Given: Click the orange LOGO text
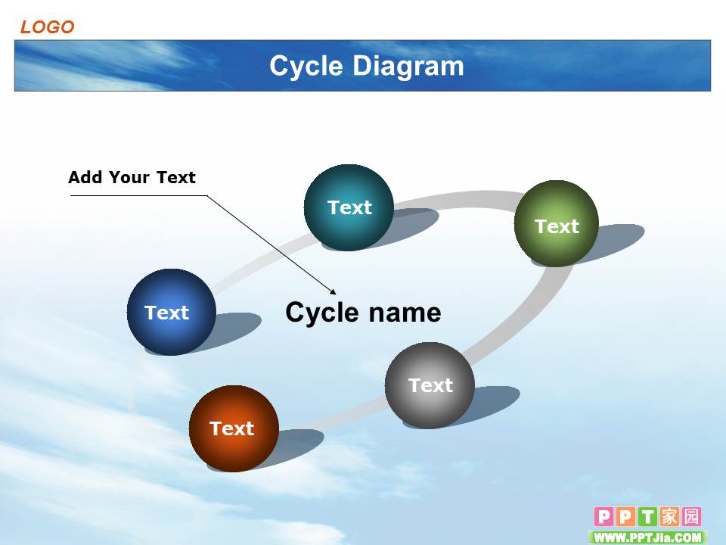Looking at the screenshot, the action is click(47, 27).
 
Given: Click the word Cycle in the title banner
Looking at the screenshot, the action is click(306, 67).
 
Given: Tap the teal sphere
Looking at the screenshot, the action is click(349, 207).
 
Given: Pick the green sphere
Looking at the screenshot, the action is click(556, 223).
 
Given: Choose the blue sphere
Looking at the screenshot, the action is click(172, 312).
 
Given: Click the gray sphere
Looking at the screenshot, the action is click(430, 385).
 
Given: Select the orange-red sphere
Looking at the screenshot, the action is click(234, 428).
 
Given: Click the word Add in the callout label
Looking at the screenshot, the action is click(85, 177).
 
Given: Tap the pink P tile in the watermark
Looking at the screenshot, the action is click(603, 516).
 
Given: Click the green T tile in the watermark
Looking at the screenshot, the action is click(648, 516).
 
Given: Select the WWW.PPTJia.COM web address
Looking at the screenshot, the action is click(648, 537).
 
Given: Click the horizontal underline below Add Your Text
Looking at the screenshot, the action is click(139, 195).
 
